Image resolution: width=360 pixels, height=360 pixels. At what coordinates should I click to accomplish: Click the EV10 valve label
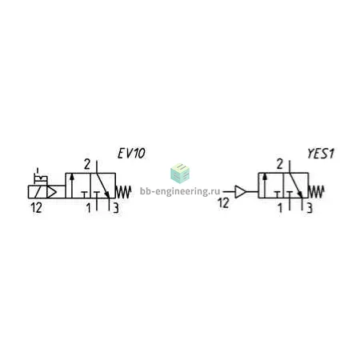[x=131, y=154]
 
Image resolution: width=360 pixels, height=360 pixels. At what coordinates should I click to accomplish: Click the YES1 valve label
[x=321, y=154]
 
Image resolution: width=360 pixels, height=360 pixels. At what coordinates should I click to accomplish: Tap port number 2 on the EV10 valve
[x=87, y=164]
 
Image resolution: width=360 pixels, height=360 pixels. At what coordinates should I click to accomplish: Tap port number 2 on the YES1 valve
[x=279, y=164]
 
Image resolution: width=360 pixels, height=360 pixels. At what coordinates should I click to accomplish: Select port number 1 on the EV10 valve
[x=88, y=208]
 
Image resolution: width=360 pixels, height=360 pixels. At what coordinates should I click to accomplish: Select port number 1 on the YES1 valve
[x=280, y=208]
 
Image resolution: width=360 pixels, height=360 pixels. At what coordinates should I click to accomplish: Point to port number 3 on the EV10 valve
[x=116, y=208]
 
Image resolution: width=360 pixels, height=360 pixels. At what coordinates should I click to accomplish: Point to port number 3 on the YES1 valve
[x=310, y=208]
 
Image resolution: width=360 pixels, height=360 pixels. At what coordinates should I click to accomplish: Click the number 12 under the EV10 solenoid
[x=36, y=208]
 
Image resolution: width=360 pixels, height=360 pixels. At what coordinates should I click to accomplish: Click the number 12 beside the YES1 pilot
[x=223, y=203]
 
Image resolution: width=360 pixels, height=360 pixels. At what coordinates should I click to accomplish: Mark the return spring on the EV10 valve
[x=123, y=192]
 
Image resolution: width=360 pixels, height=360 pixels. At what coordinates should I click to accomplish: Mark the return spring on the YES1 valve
[x=316, y=192]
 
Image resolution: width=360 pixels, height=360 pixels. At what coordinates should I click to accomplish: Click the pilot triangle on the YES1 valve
[x=240, y=192]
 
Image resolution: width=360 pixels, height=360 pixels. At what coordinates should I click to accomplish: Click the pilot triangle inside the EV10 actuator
[x=52, y=192]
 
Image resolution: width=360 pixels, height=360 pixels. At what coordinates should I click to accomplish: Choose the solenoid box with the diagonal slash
[x=38, y=192]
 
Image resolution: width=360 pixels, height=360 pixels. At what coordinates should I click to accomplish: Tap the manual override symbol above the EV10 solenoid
[x=41, y=177]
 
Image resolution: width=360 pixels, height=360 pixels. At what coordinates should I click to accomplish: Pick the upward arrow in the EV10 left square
[x=71, y=186]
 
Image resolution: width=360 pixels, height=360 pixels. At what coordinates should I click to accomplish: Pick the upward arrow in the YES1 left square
[x=264, y=186]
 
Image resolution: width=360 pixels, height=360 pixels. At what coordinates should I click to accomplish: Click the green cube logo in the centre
[x=180, y=174]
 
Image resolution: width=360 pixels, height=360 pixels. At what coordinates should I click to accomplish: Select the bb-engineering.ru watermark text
[x=180, y=191]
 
